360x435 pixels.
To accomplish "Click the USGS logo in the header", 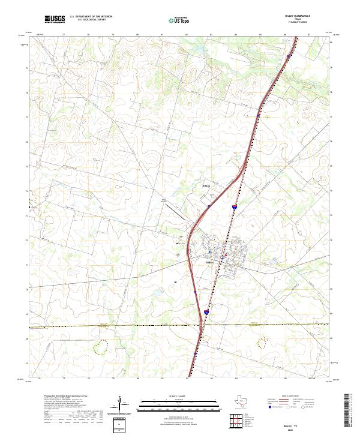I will click(x=55, y=19).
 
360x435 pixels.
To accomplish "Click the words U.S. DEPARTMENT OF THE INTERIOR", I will click(x=91, y=17).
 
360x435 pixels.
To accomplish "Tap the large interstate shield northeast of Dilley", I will click(x=235, y=208).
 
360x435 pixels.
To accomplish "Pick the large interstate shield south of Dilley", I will click(x=206, y=313).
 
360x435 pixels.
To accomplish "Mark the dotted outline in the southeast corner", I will click(x=262, y=343).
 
